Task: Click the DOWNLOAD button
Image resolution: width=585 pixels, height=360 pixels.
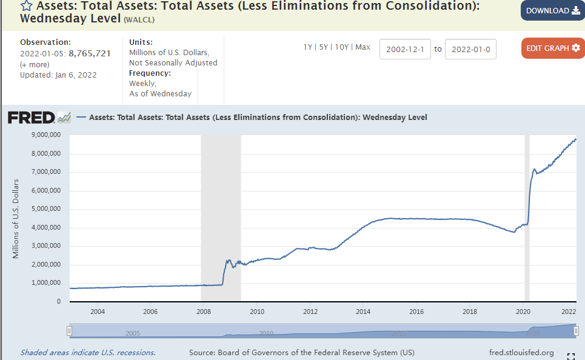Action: pos(552,11)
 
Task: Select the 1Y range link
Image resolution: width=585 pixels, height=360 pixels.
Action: pos(308,47)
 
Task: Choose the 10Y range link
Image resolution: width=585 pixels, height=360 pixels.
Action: pos(341,47)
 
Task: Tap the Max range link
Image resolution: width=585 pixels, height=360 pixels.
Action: pos(363,47)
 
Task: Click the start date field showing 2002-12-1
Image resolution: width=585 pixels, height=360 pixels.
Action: pos(405,49)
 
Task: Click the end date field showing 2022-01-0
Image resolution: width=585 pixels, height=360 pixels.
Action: pos(470,49)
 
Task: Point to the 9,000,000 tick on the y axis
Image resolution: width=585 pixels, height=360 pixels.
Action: pos(45,135)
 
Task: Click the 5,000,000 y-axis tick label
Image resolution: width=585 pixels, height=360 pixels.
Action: pos(45,209)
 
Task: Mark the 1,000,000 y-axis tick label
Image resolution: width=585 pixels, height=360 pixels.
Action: pos(45,283)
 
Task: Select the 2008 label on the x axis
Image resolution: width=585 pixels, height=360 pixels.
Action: pos(204,312)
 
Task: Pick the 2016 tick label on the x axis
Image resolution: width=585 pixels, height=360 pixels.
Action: pos(416,312)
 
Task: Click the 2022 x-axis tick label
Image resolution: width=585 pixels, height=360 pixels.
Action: pos(569,312)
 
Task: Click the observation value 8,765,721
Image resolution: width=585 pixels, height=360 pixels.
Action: pos(90,53)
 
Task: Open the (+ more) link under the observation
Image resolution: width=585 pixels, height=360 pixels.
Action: pos(35,64)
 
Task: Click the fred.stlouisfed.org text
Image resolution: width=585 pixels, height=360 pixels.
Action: pos(521,352)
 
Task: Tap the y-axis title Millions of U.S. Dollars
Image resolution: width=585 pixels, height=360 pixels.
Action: pos(16,219)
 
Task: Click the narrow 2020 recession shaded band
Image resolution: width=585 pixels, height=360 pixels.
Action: pos(527,218)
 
